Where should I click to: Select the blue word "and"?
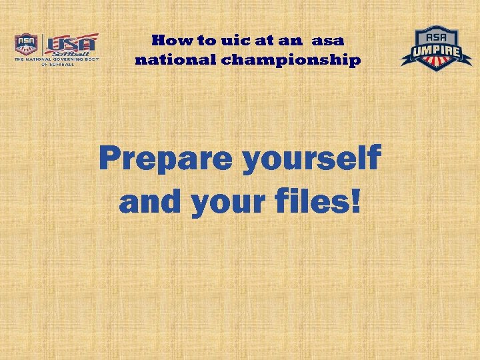click(x=149, y=202)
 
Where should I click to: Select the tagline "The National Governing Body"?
click(x=56, y=59)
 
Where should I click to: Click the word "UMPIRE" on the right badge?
click(x=436, y=48)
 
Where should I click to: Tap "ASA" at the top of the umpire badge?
click(x=436, y=34)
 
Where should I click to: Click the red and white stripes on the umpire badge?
click(x=436, y=62)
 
